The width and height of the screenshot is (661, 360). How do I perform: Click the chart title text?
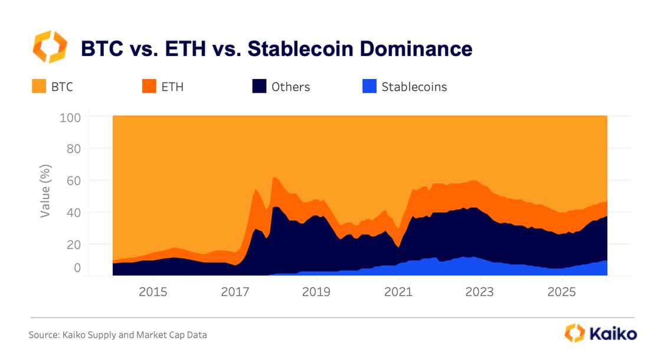point(276,48)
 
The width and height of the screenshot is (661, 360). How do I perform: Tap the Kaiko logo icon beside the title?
point(50,47)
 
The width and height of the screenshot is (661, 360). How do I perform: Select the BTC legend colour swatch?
point(38,87)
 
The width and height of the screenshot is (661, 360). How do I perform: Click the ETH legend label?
point(172,87)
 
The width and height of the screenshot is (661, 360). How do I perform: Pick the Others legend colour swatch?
point(258,87)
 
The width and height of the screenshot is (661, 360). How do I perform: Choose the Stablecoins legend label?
point(414,87)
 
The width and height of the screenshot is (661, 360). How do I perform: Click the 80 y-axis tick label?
point(73,149)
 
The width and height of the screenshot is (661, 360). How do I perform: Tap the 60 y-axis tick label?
point(73,181)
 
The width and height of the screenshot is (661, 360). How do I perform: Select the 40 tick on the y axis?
point(73,212)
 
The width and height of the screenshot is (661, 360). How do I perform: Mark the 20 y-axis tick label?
point(73,244)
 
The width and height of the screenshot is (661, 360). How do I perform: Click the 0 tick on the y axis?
point(77,269)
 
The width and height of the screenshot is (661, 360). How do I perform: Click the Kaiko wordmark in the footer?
point(613,333)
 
